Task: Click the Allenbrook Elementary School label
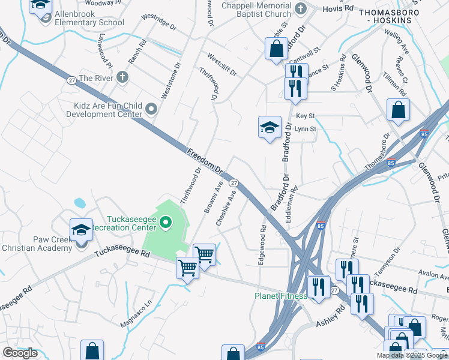tap(89, 18)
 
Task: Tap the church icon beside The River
tap(122, 77)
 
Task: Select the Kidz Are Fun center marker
tap(151, 109)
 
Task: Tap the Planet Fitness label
tap(280, 296)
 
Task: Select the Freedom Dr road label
tap(204, 161)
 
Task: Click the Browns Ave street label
tap(213, 196)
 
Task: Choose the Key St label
tap(305, 116)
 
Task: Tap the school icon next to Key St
tap(270, 127)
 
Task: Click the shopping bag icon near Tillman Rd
tap(398, 110)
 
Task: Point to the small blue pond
tap(79, 203)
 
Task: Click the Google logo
tap(20, 353)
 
